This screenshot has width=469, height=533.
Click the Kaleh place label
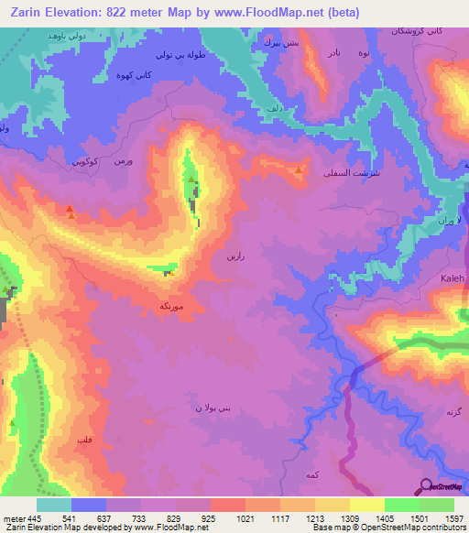coord(454,277)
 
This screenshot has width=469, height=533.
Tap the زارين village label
coord(234,257)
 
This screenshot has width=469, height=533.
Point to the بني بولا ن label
coord(210,406)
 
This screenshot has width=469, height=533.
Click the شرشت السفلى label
coord(353,171)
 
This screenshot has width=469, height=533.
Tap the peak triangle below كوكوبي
coord(70,212)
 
